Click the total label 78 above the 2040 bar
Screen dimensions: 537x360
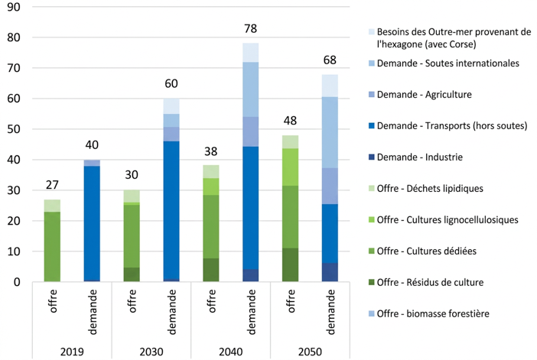pos(250,28)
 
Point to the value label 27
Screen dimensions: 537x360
pos(52,185)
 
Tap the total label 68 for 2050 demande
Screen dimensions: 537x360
pos(330,60)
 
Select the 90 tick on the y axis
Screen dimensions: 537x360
pos(14,7)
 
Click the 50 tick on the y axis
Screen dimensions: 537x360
pos(14,129)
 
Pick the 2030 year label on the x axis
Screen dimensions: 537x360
pos(151,352)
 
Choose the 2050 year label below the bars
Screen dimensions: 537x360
pos(310,352)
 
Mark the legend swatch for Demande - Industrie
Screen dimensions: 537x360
pos(372,157)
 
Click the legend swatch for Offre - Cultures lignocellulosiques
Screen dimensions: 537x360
pos(372,220)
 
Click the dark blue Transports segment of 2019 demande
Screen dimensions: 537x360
pos(92,223)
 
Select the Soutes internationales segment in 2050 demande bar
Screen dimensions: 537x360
pos(330,132)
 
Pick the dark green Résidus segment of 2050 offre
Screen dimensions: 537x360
pos(290,265)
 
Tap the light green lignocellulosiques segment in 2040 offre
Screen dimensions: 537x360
pos(211,186)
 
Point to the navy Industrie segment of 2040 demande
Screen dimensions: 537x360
pos(251,275)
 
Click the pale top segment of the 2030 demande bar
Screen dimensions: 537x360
pos(171,106)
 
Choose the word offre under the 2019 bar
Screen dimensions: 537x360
pos(52,301)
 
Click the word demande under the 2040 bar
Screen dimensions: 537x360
pos(251,312)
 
